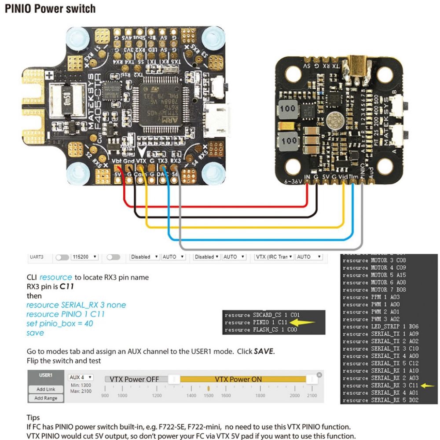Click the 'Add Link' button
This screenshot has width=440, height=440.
[46, 389]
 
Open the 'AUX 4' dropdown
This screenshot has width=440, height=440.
[81, 378]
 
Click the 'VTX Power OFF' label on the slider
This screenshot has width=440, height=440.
[134, 379]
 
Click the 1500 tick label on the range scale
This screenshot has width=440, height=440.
[209, 396]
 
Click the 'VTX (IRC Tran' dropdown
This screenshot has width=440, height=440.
[274, 257]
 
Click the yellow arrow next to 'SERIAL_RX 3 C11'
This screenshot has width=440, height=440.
[427, 385]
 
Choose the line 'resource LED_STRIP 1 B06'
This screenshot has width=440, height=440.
[380, 326]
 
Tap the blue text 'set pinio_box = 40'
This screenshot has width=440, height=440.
[59, 323]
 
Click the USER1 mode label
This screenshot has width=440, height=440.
[46, 375]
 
